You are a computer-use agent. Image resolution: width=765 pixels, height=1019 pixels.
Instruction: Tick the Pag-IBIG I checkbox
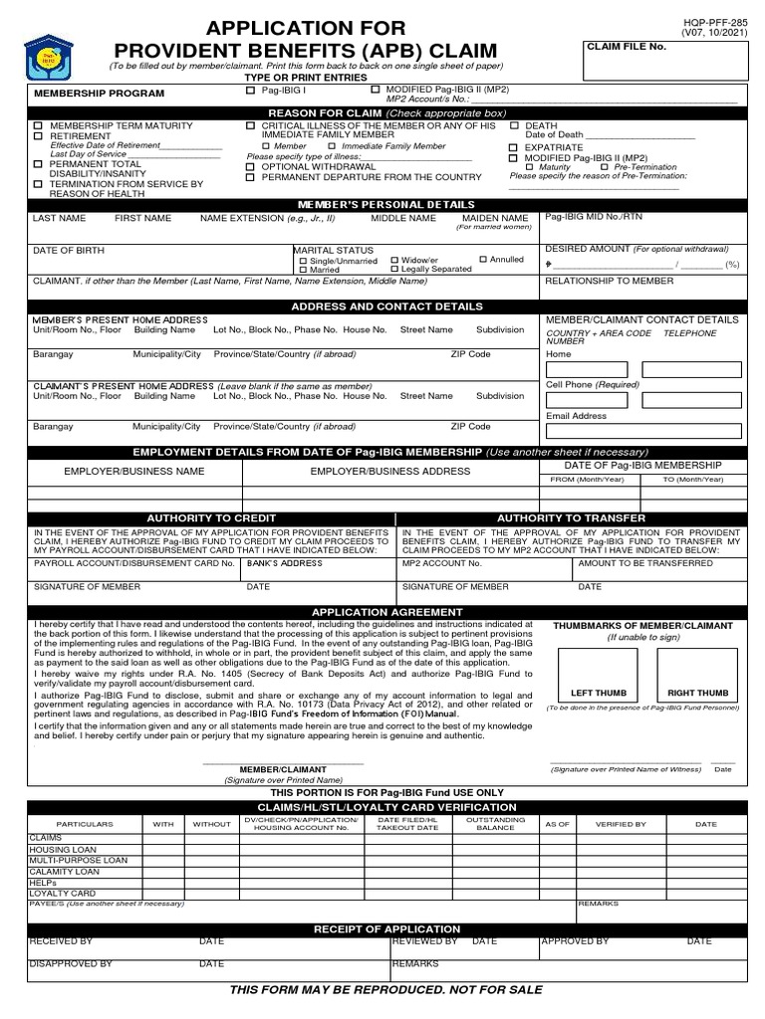pyautogui.click(x=250, y=91)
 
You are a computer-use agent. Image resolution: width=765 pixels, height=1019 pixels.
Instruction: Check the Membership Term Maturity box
pyautogui.click(x=38, y=126)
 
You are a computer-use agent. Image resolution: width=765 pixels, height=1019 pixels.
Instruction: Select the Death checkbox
pyautogui.click(x=514, y=126)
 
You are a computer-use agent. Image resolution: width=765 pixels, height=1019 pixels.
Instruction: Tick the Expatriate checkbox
pyautogui.click(x=514, y=147)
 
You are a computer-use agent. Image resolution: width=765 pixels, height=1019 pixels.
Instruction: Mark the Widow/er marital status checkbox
pyautogui.click(x=395, y=260)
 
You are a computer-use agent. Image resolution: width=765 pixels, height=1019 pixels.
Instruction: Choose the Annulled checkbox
pyautogui.click(x=484, y=260)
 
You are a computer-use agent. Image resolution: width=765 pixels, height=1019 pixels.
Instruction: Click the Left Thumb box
pyautogui.click(x=599, y=676)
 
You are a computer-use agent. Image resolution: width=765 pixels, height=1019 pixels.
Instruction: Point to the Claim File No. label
pyautogui.click(x=627, y=47)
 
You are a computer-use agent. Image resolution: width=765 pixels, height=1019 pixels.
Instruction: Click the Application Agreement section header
pyautogui.click(x=387, y=612)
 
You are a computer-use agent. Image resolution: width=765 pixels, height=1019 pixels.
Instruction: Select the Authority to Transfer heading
pyautogui.click(x=571, y=518)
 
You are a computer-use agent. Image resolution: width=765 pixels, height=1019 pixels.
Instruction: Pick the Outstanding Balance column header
pyautogui.click(x=495, y=824)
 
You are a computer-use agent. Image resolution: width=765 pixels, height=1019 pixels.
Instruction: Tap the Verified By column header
pyautogui.click(x=621, y=824)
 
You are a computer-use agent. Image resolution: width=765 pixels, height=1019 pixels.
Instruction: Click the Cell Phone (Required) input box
pyautogui.click(x=586, y=400)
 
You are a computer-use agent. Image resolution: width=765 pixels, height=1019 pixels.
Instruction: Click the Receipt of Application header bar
pyautogui.click(x=387, y=929)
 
